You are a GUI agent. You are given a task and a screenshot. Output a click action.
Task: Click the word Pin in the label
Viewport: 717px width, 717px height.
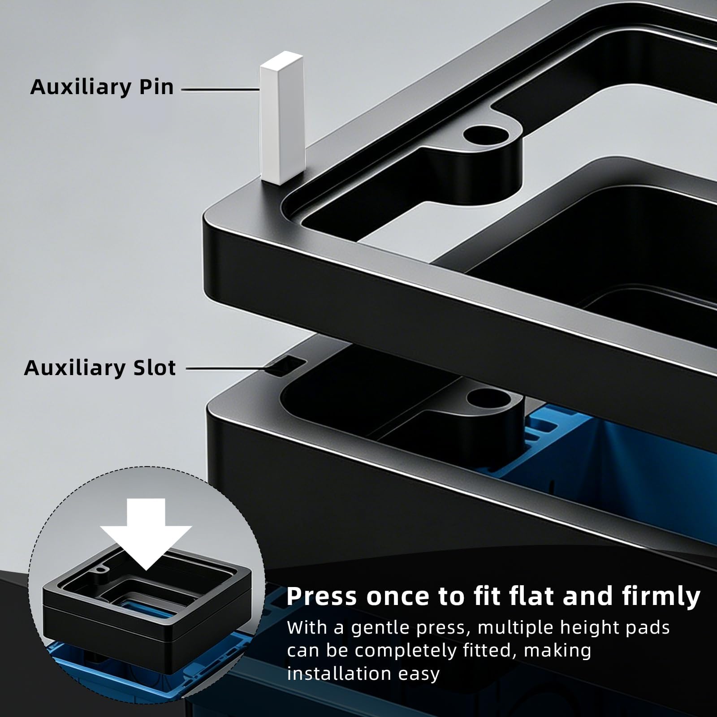[155, 86]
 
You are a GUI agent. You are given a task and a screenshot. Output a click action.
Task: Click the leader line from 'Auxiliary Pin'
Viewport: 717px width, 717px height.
[220, 89]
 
